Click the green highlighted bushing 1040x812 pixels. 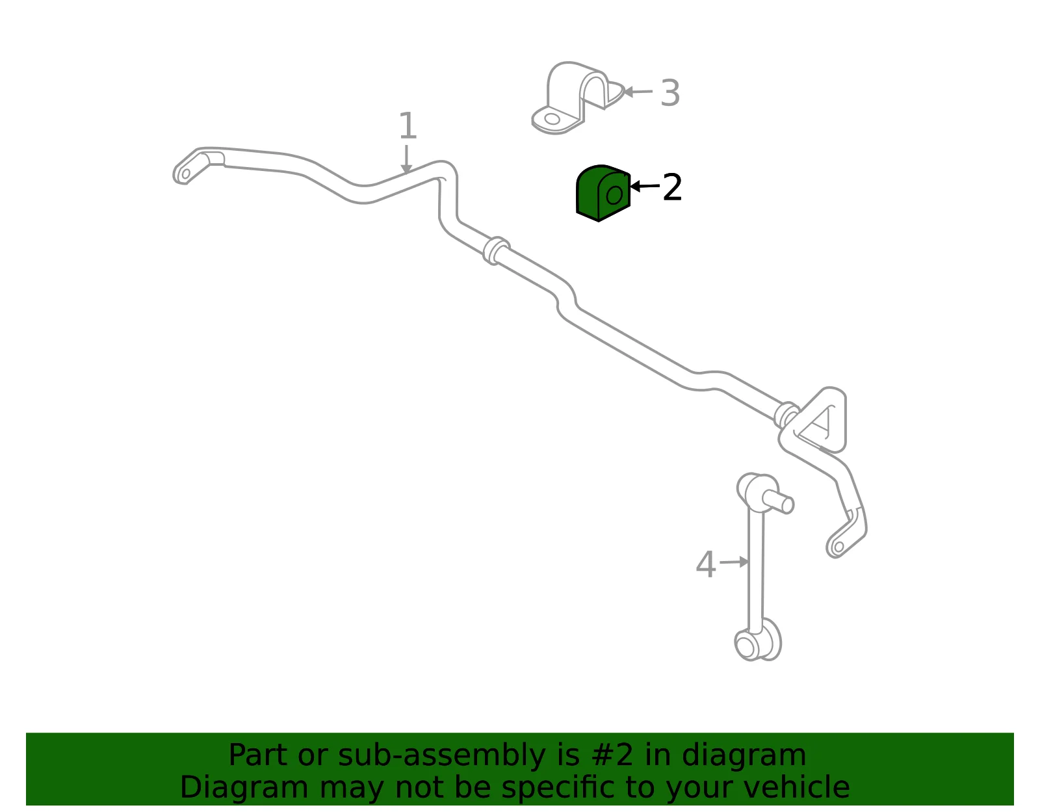(x=603, y=193)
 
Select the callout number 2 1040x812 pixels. (x=673, y=187)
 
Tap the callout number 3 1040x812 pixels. (x=670, y=93)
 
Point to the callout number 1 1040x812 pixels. (x=408, y=125)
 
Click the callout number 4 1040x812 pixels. (x=706, y=564)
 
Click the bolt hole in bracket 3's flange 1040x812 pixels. (x=552, y=119)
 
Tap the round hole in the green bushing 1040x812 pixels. (x=614, y=195)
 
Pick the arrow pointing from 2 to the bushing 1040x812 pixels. (x=645, y=186)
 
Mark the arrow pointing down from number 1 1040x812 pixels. (x=406, y=159)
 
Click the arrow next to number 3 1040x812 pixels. (x=638, y=92)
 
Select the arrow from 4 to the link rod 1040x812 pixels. (x=734, y=562)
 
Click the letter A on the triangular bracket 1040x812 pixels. (x=820, y=422)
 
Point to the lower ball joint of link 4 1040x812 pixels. (x=758, y=640)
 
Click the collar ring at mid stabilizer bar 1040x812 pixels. (x=496, y=250)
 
